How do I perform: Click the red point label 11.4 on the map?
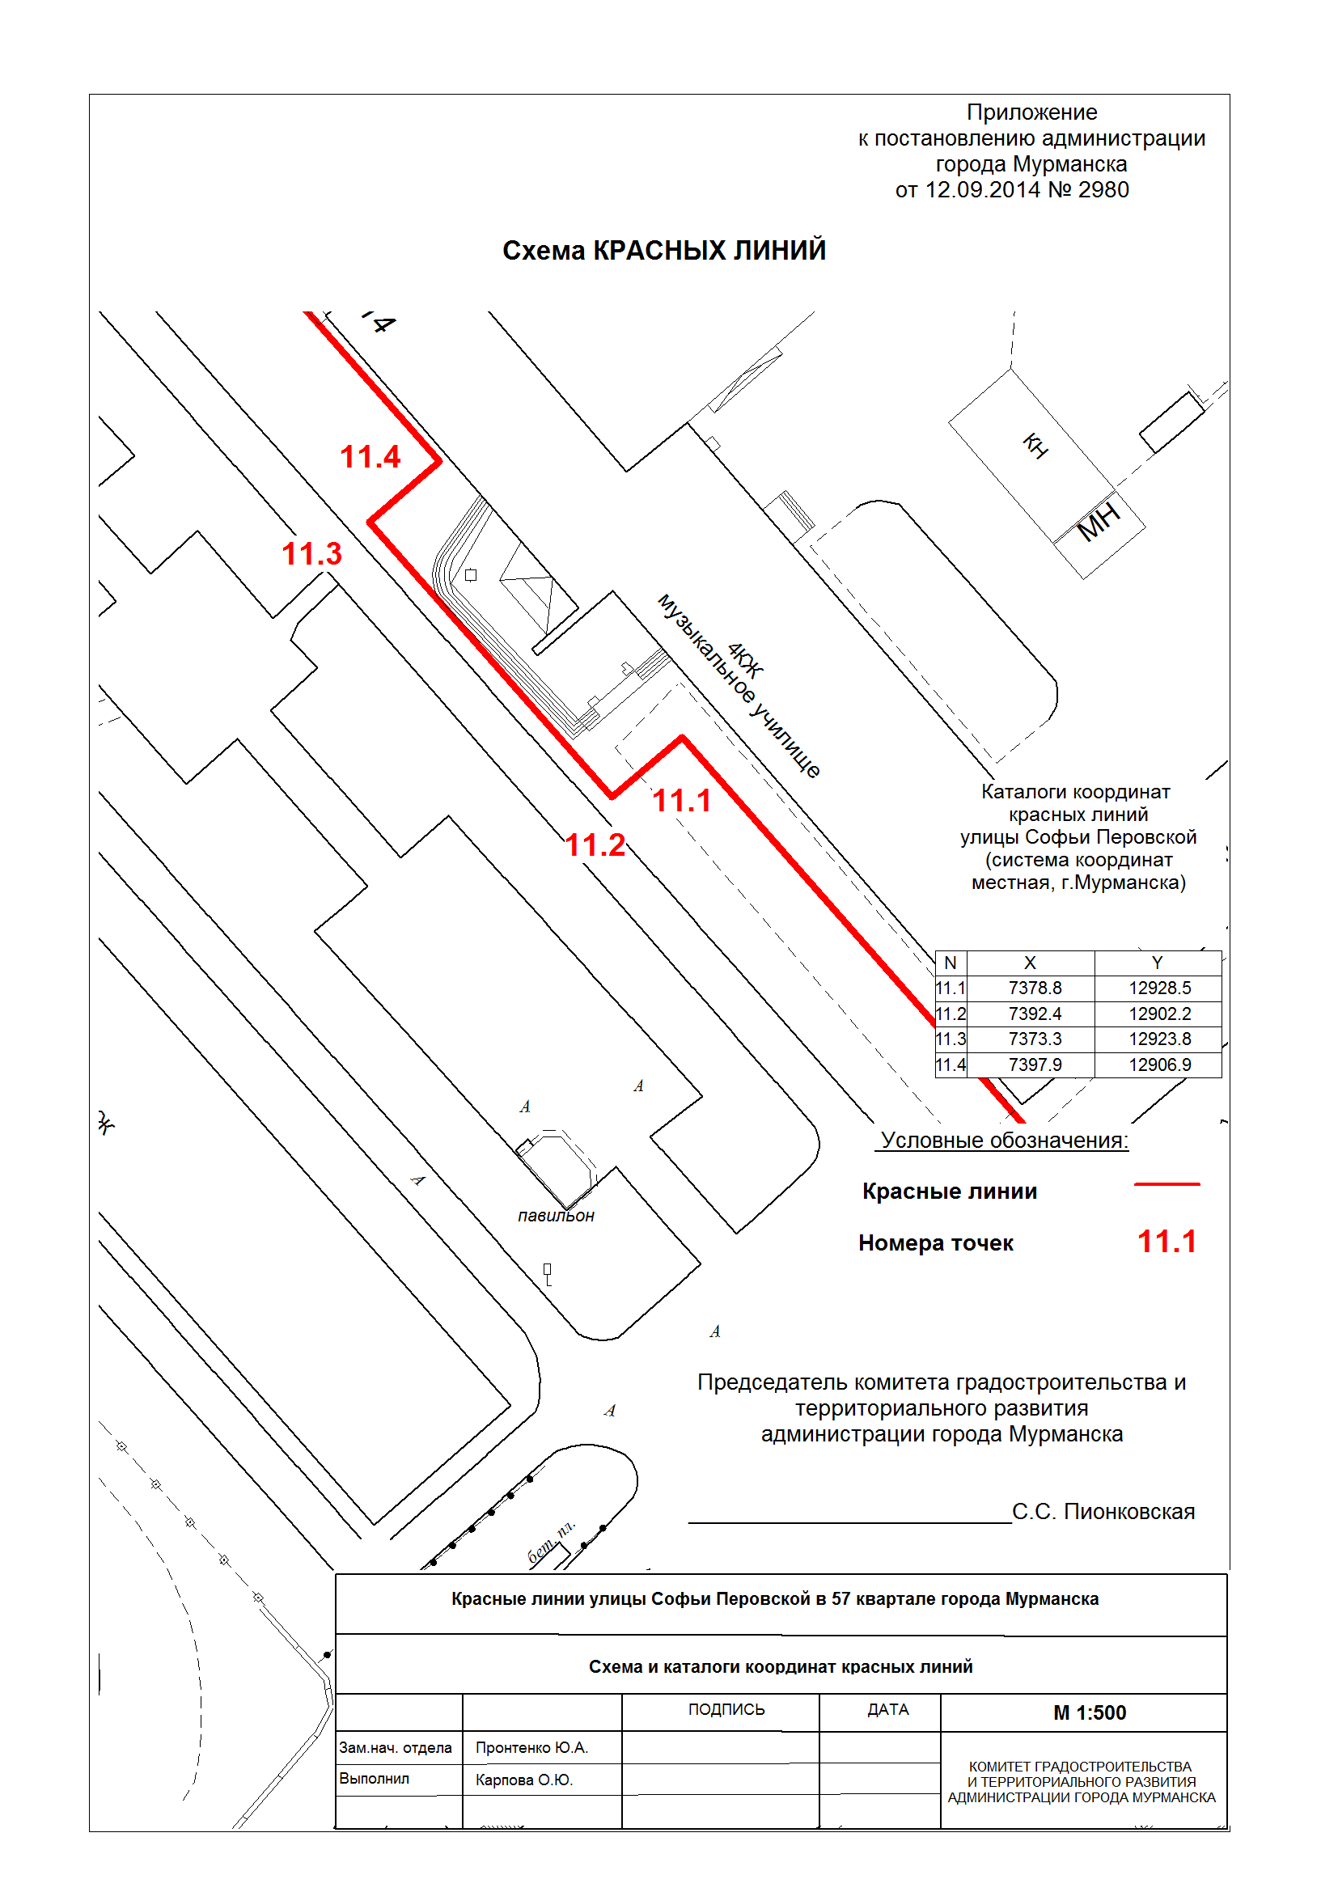pyautogui.click(x=370, y=457)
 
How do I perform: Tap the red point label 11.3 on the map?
pyautogui.click(x=311, y=554)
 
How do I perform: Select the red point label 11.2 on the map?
pyautogui.click(x=595, y=845)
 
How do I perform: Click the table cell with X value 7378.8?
pyautogui.click(x=1034, y=988)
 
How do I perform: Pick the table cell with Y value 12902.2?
pyautogui.click(x=1159, y=1014)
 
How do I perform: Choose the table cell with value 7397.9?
pyautogui.click(x=1034, y=1065)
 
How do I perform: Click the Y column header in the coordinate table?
pyautogui.click(x=1157, y=963)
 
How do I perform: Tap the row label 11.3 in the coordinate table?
pyautogui.click(x=950, y=1039)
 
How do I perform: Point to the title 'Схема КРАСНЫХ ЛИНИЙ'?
pyautogui.click(x=664, y=251)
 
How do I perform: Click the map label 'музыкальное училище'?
pyautogui.click(x=739, y=687)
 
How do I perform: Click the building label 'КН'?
pyautogui.click(x=1035, y=446)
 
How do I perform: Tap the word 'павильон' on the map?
pyautogui.click(x=556, y=1216)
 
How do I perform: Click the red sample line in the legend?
pyautogui.click(x=1167, y=1184)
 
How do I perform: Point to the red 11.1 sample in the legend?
pyautogui.click(x=1167, y=1242)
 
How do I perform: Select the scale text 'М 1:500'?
pyautogui.click(x=1089, y=1712)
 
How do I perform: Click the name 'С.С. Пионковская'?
pyautogui.click(x=1103, y=1511)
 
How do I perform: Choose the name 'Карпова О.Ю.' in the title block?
pyautogui.click(x=524, y=1780)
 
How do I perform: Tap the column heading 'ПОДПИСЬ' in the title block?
pyautogui.click(x=726, y=1710)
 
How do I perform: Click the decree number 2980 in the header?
pyautogui.click(x=1103, y=190)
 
